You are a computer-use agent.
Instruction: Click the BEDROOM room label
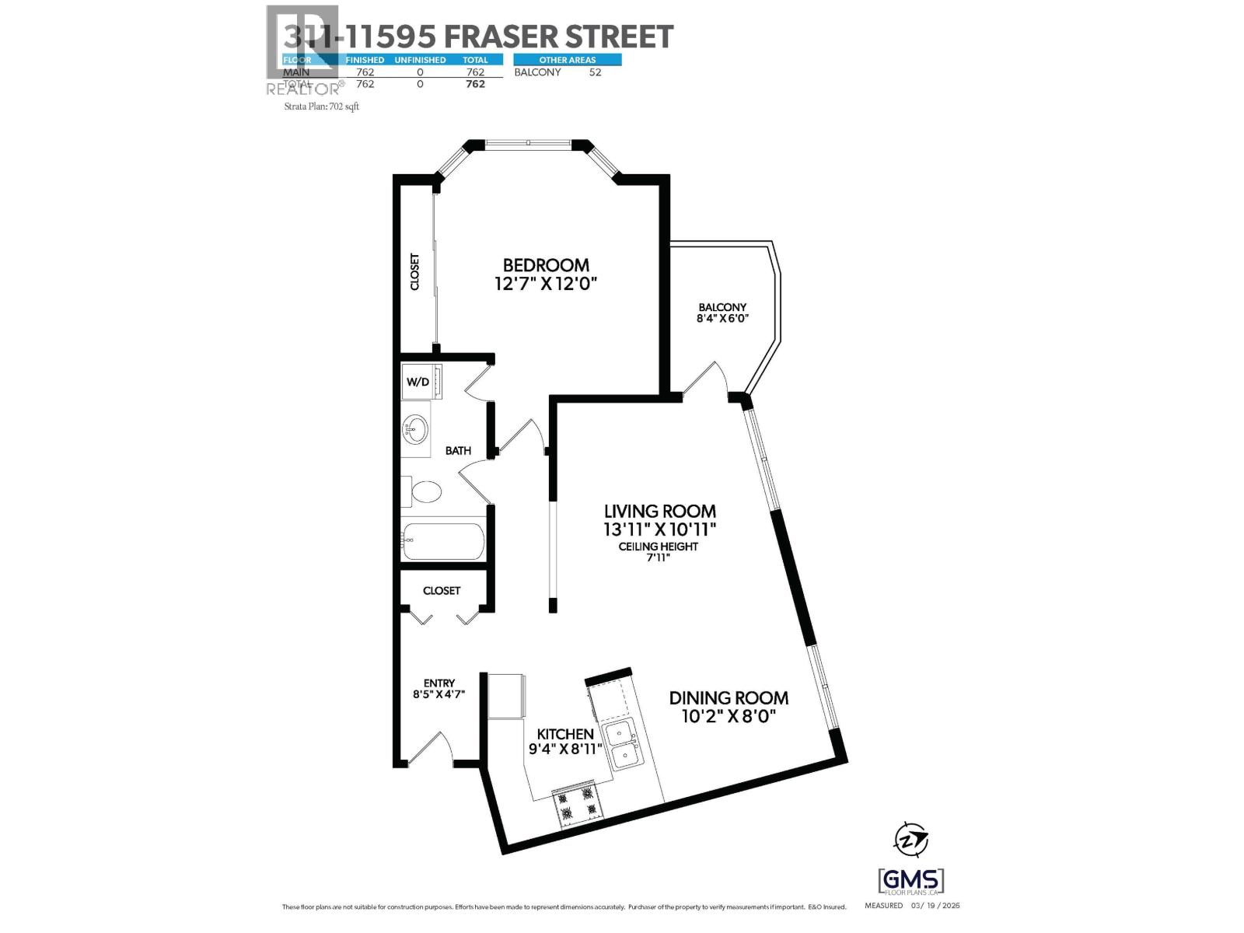tap(546, 265)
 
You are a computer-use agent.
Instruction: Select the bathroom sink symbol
tap(416, 428)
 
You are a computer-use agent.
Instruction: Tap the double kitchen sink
tap(624, 744)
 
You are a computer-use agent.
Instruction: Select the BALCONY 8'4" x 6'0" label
tap(722, 313)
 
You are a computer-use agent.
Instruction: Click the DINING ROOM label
tap(729, 698)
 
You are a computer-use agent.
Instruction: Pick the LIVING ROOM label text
tap(660, 512)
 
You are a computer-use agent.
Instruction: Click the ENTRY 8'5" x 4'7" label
tap(439, 689)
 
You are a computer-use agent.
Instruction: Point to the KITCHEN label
tap(565, 734)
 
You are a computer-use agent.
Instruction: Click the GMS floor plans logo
tap(910, 882)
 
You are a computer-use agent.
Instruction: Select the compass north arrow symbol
tap(910, 840)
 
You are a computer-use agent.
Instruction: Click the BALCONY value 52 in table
tap(595, 72)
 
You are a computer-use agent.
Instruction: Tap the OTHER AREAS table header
tap(568, 60)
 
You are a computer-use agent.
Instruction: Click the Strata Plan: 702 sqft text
tap(322, 107)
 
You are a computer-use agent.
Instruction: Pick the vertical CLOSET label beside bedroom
tap(414, 271)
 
